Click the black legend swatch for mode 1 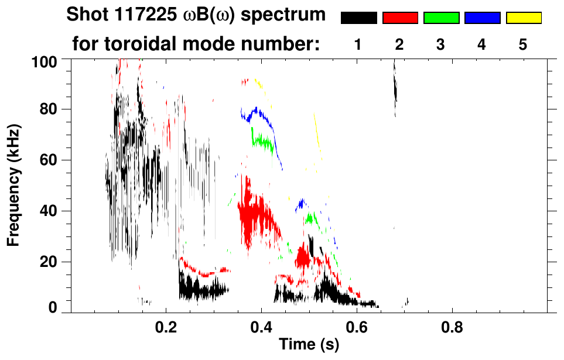(x=358, y=18)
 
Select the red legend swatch (x=400, y=18)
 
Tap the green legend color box (x=441, y=18)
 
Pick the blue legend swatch (x=482, y=18)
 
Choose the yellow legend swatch (x=523, y=18)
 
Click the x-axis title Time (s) (x=309, y=345)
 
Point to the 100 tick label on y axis (x=48, y=61)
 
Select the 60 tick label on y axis (x=52, y=160)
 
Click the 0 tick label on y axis (x=57, y=307)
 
